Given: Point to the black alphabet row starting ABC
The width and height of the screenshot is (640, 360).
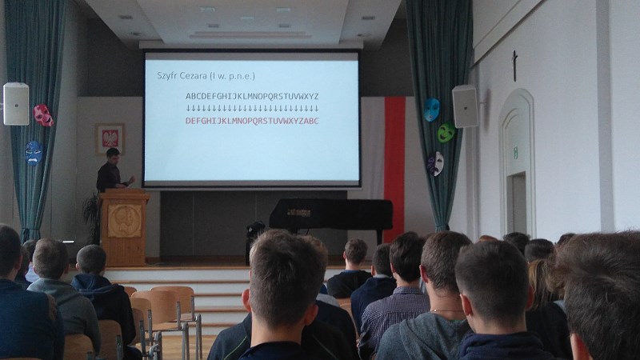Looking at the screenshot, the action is tap(252, 96).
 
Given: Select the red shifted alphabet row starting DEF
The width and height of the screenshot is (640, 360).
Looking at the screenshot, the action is tap(252, 121).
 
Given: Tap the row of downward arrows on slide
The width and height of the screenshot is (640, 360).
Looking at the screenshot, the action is tap(252, 108).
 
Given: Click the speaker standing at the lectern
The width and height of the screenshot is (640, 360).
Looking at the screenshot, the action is tap(112, 170).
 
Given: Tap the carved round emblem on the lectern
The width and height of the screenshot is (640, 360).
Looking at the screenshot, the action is tap(125, 221).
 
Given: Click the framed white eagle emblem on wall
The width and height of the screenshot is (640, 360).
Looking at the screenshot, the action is tap(110, 138).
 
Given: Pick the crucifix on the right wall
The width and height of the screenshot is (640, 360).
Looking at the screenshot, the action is tap(514, 66).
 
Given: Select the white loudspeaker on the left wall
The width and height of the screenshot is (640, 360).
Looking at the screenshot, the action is tap(16, 104).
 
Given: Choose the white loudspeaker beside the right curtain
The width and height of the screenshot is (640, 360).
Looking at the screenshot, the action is tap(465, 106).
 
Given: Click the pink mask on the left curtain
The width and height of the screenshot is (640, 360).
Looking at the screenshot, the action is tap(43, 114).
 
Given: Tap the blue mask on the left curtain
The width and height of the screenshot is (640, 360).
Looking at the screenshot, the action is tap(33, 153).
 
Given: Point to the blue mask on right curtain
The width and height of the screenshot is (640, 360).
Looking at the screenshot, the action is tap(431, 110).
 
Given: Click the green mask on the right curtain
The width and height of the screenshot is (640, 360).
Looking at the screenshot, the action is tap(446, 132).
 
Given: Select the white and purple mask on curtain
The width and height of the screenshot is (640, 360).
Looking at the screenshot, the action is tap(435, 163).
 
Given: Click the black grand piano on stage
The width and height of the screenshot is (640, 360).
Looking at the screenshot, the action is tap(330, 215).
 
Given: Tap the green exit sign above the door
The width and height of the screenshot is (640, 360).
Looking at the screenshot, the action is tap(515, 153).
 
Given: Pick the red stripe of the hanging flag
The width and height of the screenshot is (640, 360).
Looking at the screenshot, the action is tap(394, 167).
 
